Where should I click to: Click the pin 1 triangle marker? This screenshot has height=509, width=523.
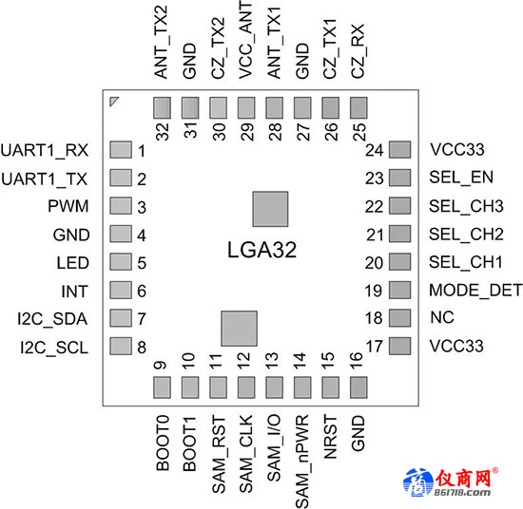click(x=113, y=101)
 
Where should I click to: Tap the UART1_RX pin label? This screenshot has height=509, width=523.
click(x=45, y=151)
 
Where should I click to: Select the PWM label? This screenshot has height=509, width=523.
click(x=68, y=206)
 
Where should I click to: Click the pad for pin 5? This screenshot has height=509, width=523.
click(x=121, y=261)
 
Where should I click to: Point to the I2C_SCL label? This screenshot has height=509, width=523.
click(x=54, y=348)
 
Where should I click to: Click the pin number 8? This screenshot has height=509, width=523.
click(x=142, y=348)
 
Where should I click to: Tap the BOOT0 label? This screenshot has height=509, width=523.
click(x=163, y=443)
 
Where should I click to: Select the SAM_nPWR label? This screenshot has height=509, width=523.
click(x=302, y=462)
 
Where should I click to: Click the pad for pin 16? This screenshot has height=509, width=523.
click(x=358, y=387)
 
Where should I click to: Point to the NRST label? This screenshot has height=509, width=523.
click(x=331, y=437)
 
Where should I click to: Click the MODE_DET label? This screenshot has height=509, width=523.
click(x=475, y=291)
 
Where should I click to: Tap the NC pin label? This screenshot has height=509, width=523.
click(x=442, y=317)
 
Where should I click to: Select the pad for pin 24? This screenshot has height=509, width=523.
click(x=400, y=150)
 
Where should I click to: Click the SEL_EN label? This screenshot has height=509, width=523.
click(x=461, y=178)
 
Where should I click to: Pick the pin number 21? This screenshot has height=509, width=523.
click(x=375, y=236)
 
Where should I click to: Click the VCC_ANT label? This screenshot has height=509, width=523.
click(x=246, y=40)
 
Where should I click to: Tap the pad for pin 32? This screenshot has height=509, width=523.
click(x=162, y=107)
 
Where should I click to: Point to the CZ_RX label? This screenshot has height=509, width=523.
click(x=358, y=51)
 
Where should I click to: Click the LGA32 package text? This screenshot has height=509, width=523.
click(x=261, y=250)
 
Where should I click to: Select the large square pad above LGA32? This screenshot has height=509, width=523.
click(x=270, y=209)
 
